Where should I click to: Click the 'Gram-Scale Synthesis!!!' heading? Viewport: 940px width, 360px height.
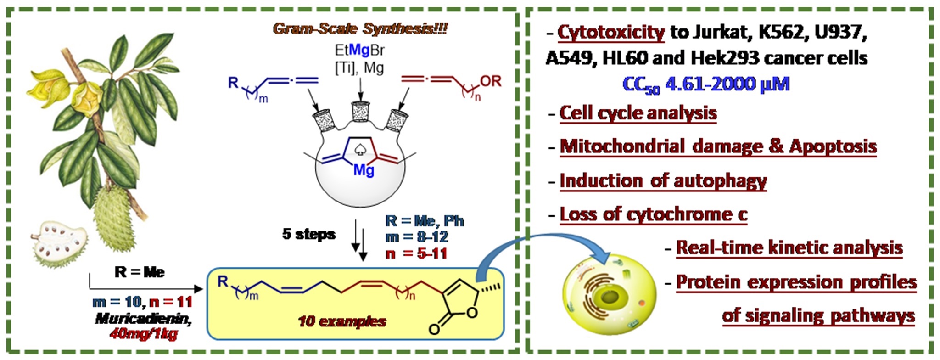(360, 28)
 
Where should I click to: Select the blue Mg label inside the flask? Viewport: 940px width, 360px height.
(364, 171)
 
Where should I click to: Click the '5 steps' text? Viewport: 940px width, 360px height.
(308, 234)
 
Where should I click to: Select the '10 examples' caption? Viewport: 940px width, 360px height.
(342, 321)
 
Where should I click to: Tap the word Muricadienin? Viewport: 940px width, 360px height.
(143, 319)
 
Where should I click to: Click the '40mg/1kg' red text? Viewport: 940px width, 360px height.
(144, 333)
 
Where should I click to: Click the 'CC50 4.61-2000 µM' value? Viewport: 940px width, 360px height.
(706, 84)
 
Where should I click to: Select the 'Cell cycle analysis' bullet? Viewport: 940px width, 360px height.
(638, 113)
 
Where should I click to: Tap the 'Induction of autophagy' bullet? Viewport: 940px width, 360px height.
(663, 181)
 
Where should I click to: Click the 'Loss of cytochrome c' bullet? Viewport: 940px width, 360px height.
(654, 214)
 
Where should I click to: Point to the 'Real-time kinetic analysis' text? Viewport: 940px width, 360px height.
(789, 247)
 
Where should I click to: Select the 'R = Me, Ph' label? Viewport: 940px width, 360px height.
(425, 221)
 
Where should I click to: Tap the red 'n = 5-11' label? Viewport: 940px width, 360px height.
(416, 253)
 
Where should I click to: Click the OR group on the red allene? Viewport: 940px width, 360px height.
(491, 81)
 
